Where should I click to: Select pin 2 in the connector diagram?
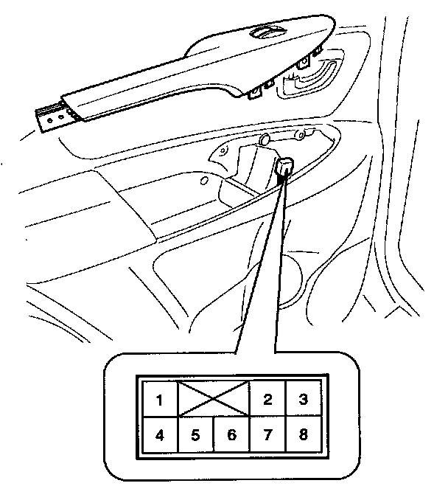click(x=267, y=400)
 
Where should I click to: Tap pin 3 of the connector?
click(x=302, y=400)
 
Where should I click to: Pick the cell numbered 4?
click(x=159, y=435)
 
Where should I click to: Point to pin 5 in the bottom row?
click(x=195, y=435)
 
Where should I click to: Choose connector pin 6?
click(x=231, y=435)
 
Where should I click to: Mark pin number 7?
click(x=267, y=435)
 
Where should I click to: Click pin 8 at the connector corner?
click(x=302, y=435)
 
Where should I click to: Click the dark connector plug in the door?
click(x=284, y=169)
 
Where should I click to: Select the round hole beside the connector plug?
click(x=264, y=140)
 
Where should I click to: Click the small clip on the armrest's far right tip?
click(x=319, y=53)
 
